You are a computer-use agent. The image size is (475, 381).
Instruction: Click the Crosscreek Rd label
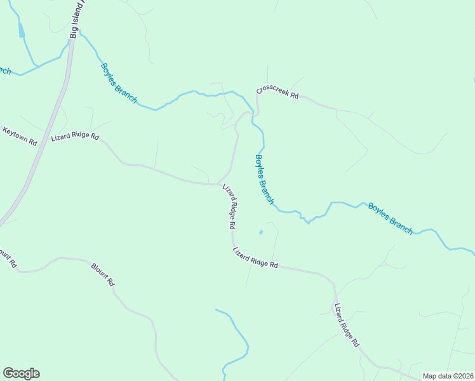[x=278, y=92]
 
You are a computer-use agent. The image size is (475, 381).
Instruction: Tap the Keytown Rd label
[x=20, y=137]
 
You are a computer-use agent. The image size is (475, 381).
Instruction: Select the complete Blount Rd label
[x=102, y=274]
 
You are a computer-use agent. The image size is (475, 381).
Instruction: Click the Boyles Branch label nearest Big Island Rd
[x=119, y=82]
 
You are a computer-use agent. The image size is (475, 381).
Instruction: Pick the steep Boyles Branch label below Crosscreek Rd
[x=264, y=179]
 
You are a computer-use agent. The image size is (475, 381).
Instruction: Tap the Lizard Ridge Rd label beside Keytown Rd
[x=75, y=136]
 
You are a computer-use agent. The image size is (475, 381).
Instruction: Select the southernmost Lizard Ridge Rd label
[x=347, y=324]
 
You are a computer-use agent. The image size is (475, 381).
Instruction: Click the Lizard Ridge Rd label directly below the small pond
[x=256, y=257]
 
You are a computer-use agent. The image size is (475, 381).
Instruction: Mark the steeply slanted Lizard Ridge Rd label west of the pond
[x=230, y=208]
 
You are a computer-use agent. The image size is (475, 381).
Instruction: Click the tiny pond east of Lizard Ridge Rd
[x=260, y=232]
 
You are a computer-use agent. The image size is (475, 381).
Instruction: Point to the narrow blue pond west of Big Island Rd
[x=22, y=30]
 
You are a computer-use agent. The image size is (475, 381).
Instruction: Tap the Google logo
[x=21, y=373]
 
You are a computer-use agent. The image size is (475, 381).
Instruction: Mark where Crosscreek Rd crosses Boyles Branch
[x=253, y=114]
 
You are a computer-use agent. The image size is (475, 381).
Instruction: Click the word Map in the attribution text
[x=431, y=375]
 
